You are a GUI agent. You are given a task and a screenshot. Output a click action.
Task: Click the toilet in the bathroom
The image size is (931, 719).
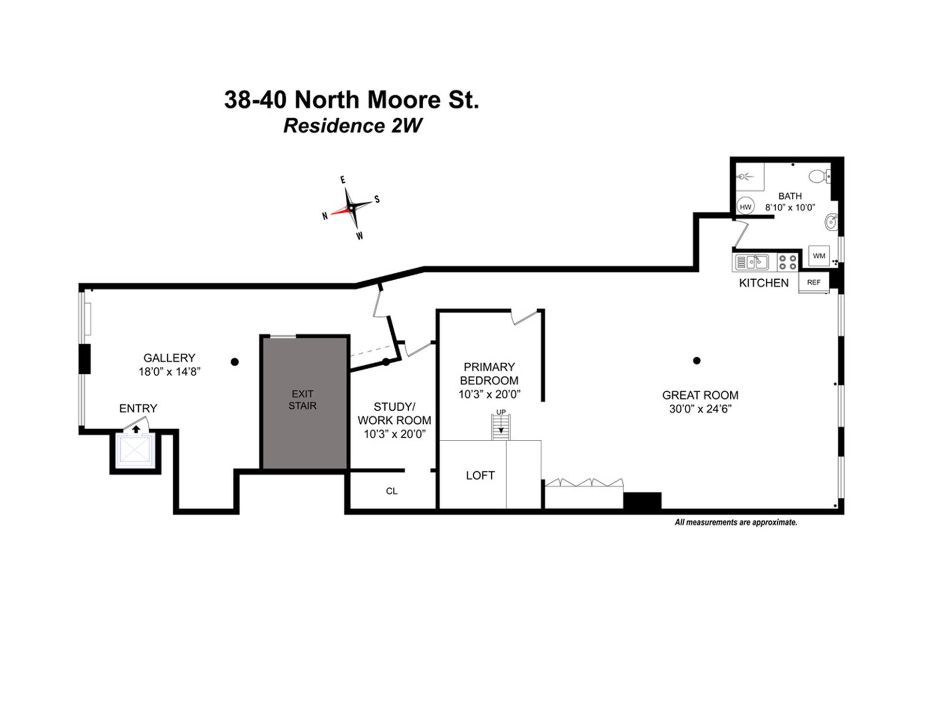pos(819,176)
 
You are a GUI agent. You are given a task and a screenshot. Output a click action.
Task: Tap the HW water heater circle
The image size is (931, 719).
pos(745,207)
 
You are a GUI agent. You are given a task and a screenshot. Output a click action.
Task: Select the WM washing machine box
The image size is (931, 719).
pos(819,256)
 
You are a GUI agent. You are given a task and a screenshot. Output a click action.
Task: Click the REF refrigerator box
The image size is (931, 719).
pos(814,282)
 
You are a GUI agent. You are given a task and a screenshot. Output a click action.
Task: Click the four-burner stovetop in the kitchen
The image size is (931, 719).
pos(787,262)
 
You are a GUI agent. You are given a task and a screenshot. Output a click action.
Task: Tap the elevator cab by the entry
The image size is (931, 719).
pos(135,450)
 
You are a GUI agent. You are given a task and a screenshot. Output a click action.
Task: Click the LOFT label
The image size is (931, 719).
pos(480,476)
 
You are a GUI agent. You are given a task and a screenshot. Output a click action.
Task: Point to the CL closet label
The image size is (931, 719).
pos(391,491)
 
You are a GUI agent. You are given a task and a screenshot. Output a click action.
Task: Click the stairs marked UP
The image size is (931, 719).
pos(501,427)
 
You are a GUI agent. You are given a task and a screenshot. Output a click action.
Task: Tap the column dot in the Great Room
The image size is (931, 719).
pos(696,360)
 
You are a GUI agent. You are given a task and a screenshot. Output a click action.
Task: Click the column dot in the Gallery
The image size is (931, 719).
pos(235,362)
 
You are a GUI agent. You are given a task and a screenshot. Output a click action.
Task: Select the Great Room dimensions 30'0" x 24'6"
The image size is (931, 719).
pos(700,409)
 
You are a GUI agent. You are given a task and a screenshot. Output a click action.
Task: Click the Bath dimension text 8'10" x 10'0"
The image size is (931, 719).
pos(790,208)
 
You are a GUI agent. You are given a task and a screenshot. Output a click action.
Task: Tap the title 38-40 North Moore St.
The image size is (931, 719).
pos(352,100)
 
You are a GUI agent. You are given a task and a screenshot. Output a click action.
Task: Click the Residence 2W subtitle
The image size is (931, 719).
pos(353,126)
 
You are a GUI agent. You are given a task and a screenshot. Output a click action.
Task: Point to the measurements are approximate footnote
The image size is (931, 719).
pos(736,522)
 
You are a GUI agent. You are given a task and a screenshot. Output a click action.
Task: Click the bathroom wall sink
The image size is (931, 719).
pos(831,223)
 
